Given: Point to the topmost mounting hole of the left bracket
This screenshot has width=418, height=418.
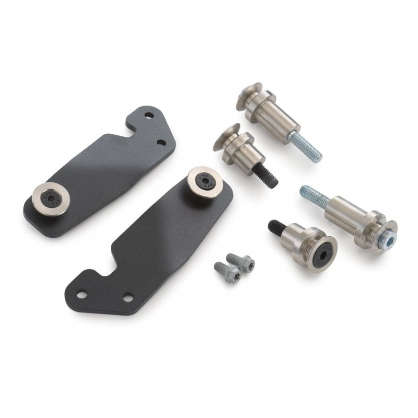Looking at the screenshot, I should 148,115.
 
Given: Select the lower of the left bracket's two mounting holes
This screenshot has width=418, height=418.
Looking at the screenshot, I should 160,142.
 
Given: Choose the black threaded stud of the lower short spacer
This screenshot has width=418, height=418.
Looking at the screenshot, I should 276,227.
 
